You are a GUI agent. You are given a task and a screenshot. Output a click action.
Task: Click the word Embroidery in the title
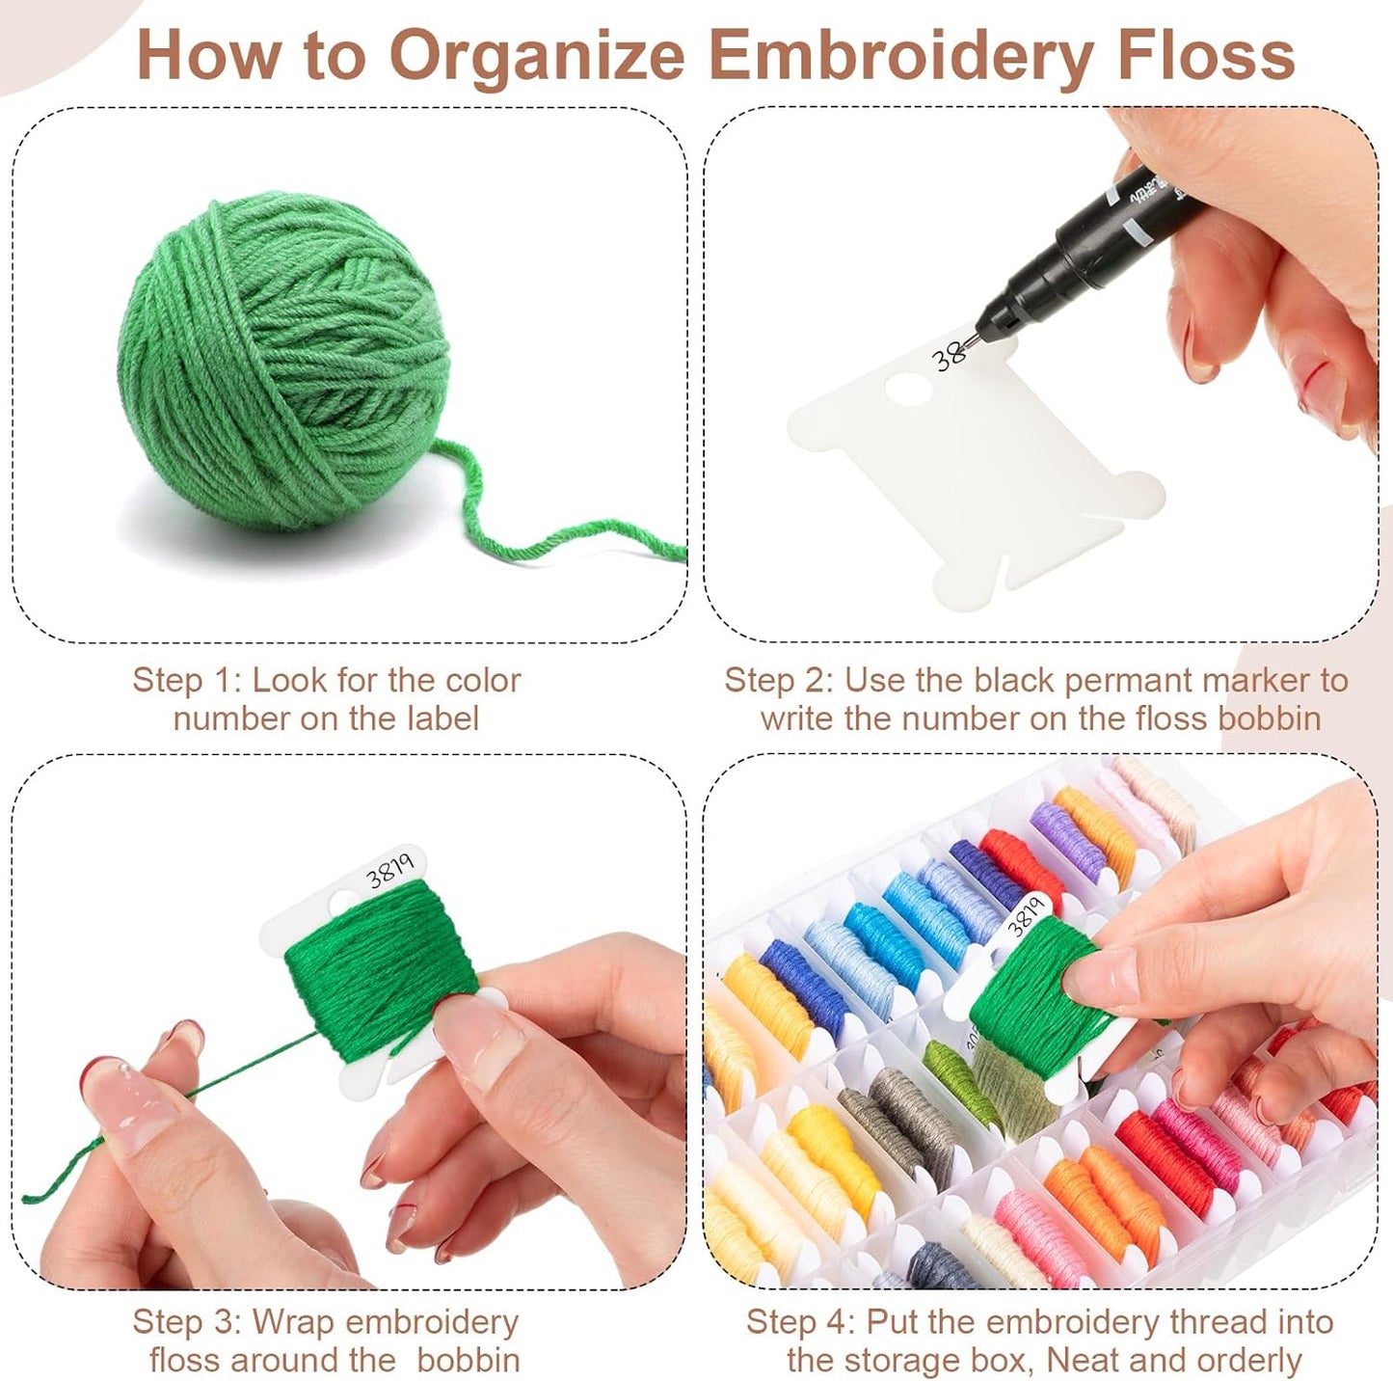point(902,56)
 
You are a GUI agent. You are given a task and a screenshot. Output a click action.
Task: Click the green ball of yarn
point(284,362)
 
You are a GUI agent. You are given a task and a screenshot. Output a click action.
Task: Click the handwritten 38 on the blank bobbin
point(949,356)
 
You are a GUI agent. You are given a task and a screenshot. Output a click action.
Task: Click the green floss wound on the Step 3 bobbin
point(381,960)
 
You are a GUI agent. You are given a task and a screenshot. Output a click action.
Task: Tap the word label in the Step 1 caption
point(442,718)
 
